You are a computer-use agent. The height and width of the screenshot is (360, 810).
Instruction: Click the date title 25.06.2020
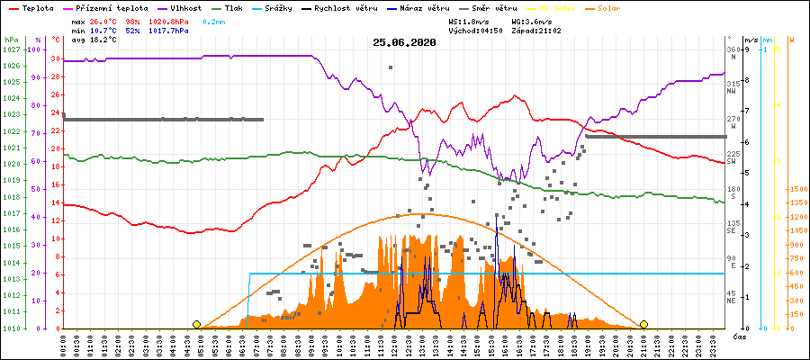coord(404,41)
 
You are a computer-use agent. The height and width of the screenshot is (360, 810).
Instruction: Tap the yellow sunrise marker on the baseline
coord(196,324)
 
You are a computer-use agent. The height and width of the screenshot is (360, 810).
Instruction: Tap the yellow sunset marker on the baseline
coord(643,324)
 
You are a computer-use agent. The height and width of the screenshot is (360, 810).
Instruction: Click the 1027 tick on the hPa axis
coord(11,49)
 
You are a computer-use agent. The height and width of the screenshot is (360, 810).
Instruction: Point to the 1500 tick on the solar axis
coord(798,189)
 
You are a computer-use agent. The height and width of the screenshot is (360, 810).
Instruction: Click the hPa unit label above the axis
coord(10,40)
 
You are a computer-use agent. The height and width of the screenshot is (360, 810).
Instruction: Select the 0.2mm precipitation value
coord(213,21)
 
